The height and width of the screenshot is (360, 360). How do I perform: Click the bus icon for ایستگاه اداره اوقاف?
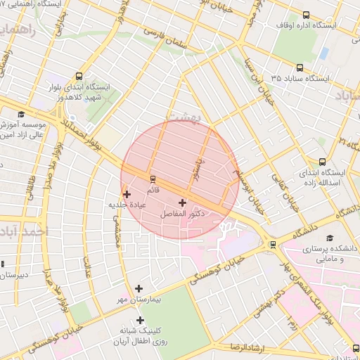tap(306, 14)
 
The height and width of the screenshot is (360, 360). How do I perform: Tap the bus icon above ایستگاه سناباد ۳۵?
tap(300, 68)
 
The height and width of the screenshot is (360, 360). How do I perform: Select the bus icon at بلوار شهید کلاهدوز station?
tap(78, 77)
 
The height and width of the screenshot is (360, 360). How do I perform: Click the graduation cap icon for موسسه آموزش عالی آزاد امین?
tap(21, 115)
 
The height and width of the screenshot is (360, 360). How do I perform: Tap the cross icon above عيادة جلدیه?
tap(127, 194)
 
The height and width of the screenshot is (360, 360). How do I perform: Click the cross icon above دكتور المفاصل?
tap(183, 202)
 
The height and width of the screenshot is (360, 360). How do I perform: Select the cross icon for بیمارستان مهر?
tap(139, 288)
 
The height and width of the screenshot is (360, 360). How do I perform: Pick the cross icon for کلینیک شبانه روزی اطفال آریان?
tap(140, 320)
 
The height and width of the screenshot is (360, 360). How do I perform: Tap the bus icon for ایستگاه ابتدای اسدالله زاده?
tap(322, 162)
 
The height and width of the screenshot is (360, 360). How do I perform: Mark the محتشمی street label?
tap(119, 229)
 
